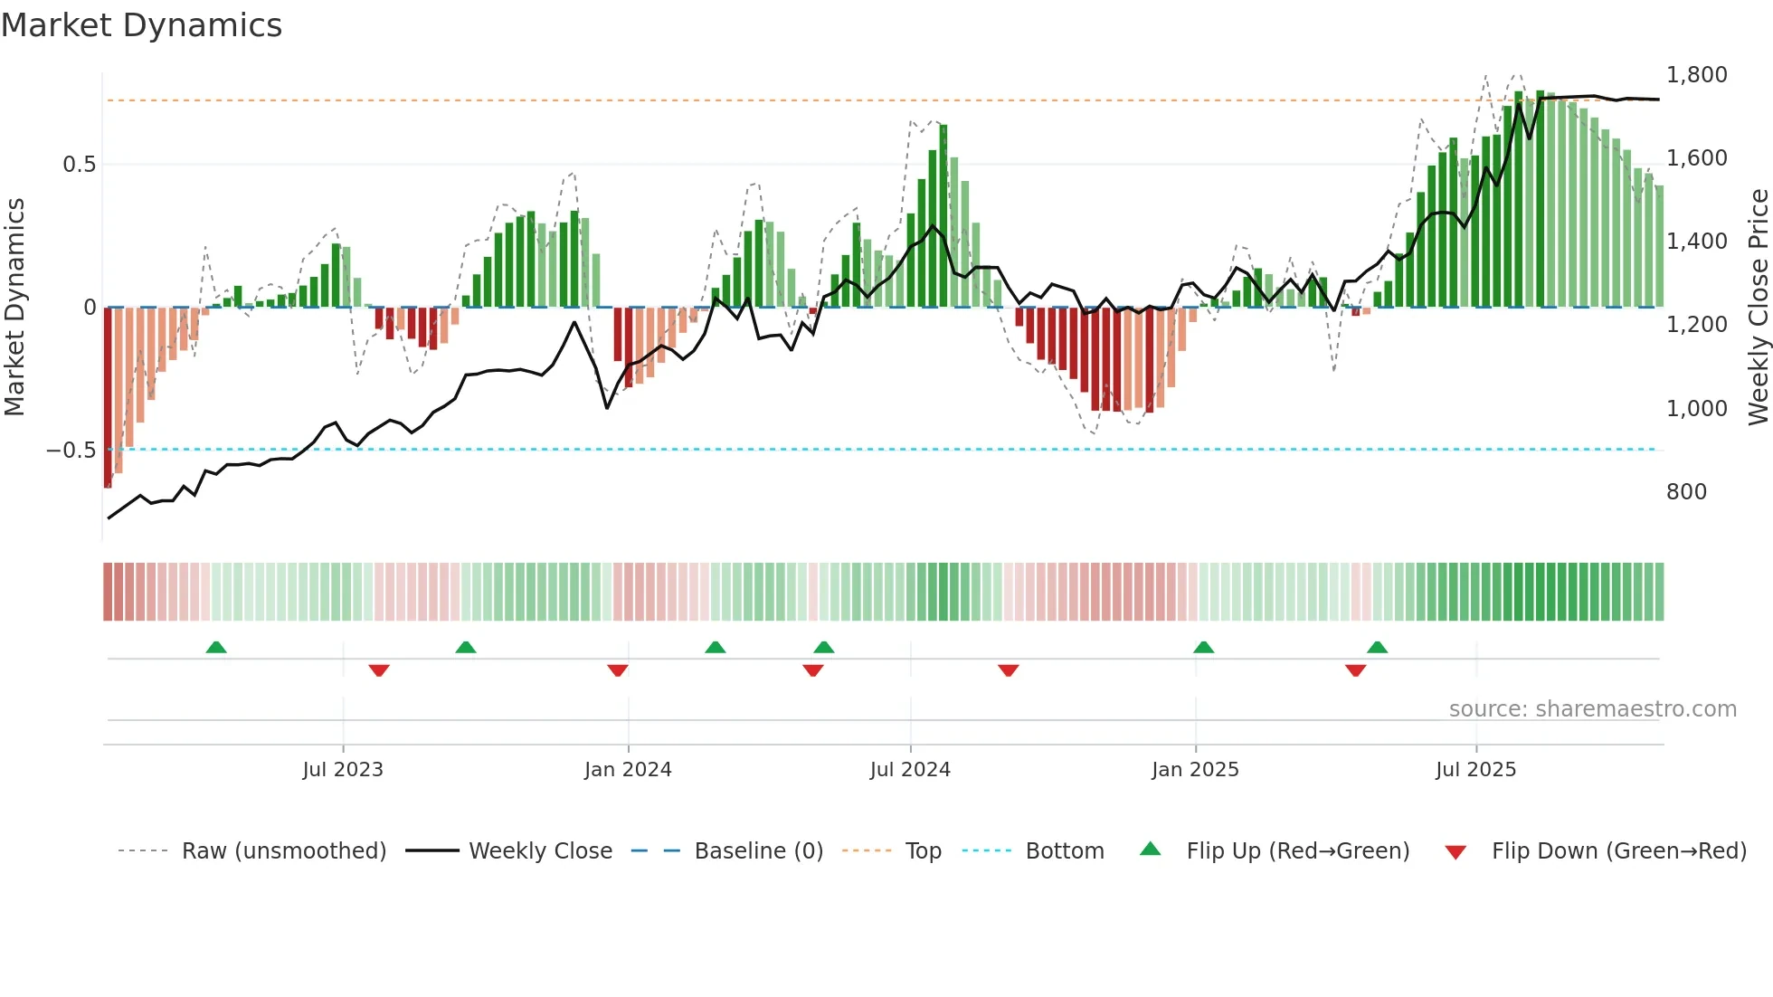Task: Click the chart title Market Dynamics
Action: (x=141, y=25)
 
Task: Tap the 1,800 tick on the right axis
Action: (x=1696, y=75)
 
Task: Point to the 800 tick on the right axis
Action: (x=1686, y=492)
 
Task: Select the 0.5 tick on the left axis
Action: (x=79, y=165)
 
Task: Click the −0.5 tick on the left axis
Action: (x=71, y=451)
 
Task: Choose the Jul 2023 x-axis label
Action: (x=343, y=770)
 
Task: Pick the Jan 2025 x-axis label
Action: (x=1195, y=770)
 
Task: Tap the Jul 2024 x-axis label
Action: (x=910, y=770)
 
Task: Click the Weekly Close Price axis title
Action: (x=1758, y=308)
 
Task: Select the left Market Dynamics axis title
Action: (x=14, y=308)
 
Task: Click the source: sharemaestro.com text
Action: (x=1592, y=709)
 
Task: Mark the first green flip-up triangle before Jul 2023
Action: (x=216, y=648)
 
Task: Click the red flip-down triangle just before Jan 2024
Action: (x=618, y=670)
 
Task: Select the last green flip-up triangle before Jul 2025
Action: (x=1377, y=648)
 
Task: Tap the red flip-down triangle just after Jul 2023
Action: (x=379, y=670)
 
